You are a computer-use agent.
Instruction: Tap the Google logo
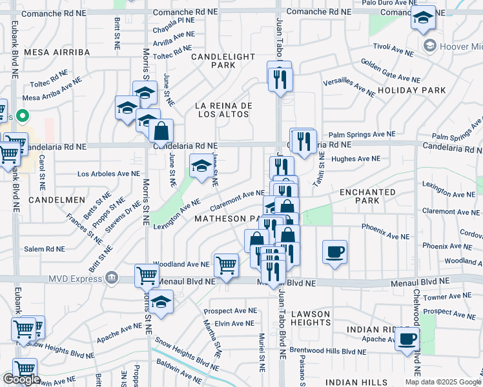(x=21, y=379)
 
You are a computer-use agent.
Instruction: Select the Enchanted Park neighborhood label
(x=367, y=196)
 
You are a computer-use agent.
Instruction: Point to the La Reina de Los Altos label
(x=223, y=110)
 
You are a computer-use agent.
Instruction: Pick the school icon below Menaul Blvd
(x=161, y=301)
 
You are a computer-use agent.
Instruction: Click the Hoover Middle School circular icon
(x=429, y=46)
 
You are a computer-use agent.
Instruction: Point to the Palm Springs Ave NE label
(x=361, y=134)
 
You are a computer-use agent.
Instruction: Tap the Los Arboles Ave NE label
(x=108, y=174)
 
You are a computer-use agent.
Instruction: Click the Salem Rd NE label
(x=45, y=249)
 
